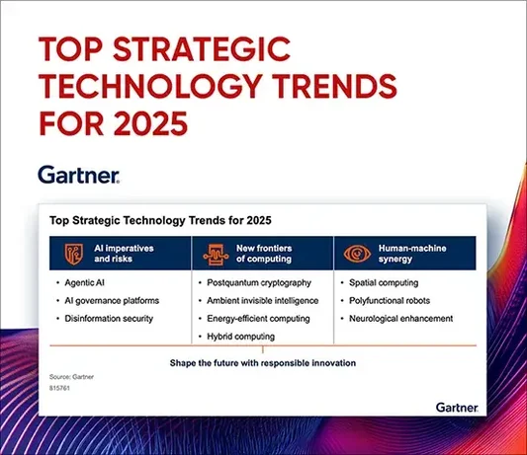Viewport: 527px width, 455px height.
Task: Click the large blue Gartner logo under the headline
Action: pyautogui.click(x=79, y=176)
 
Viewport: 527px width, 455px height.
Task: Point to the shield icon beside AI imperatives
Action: pyautogui.click(x=73, y=254)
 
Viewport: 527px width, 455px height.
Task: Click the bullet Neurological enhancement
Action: pyautogui.click(x=399, y=319)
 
